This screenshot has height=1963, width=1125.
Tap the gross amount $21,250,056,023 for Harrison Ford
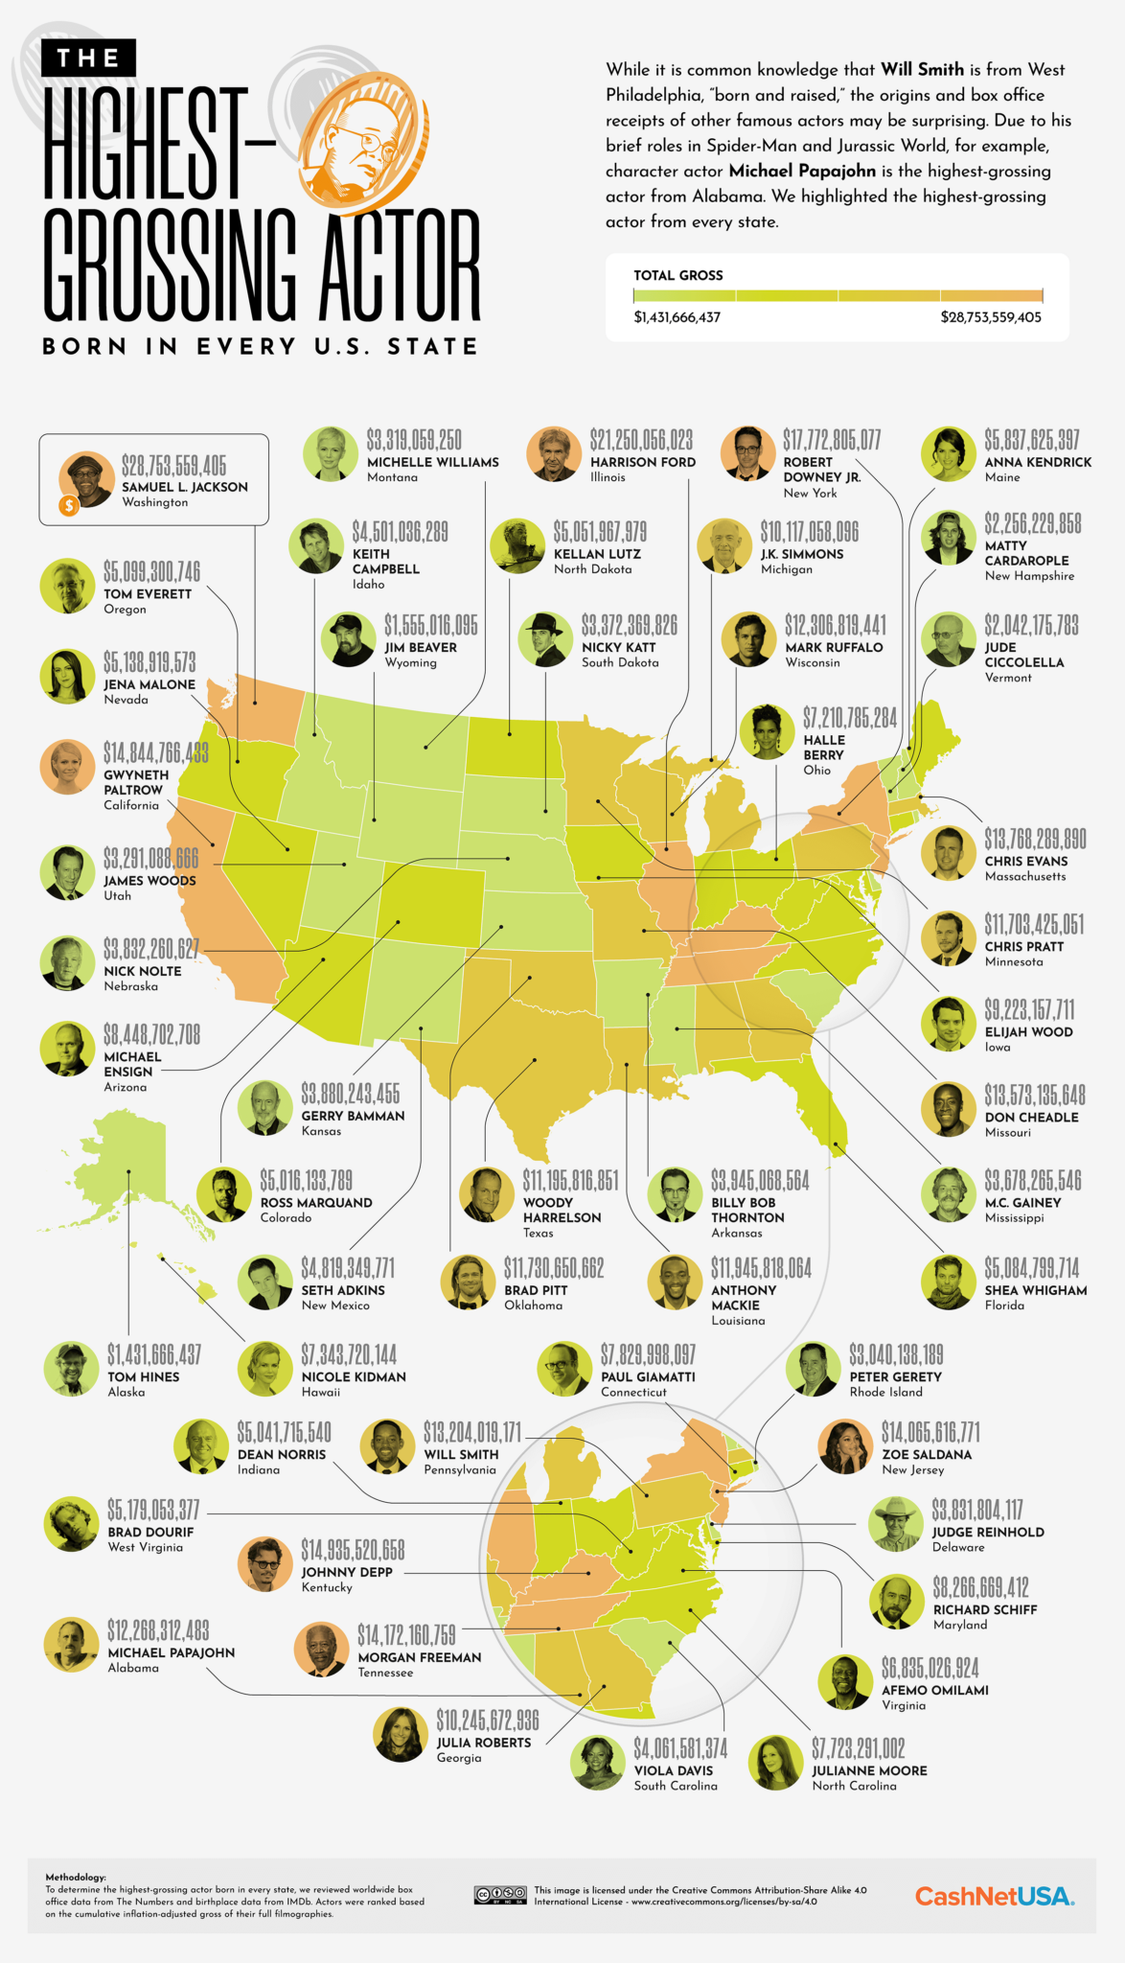[x=641, y=440]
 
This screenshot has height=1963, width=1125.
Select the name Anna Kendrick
[x=1038, y=462]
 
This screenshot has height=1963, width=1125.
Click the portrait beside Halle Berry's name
[x=768, y=732]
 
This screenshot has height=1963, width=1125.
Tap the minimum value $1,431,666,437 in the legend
[x=677, y=317]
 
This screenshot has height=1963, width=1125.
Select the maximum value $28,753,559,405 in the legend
[x=990, y=317]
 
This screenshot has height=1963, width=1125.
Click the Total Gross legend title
[x=677, y=275]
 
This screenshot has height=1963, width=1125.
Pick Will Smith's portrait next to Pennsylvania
[x=387, y=1446]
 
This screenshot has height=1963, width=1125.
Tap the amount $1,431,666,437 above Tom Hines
[x=154, y=1354]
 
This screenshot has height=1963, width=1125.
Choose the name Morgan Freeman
[x=419, y=1657]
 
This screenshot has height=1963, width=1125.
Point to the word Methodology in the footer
[x=76, y=1878]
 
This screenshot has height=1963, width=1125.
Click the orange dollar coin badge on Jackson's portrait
[x=69, y=505]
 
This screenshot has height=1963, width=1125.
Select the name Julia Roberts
[x=483, y=1743]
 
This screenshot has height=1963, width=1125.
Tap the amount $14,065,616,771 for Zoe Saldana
[x=930, y=1432]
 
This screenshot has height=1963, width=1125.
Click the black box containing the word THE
[x=88, y=58]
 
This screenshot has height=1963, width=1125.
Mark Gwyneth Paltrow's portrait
[x=67, y=768]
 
